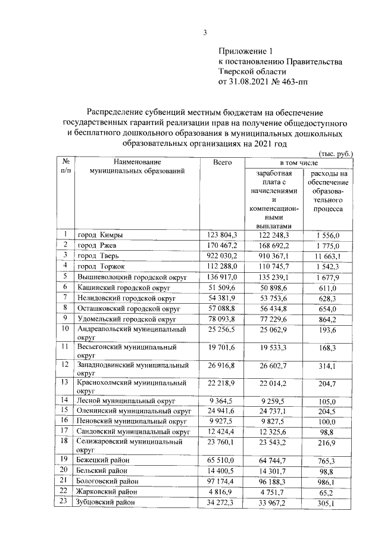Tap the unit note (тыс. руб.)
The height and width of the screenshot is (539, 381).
pos(336,153)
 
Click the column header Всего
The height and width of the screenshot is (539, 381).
pos(223,162)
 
